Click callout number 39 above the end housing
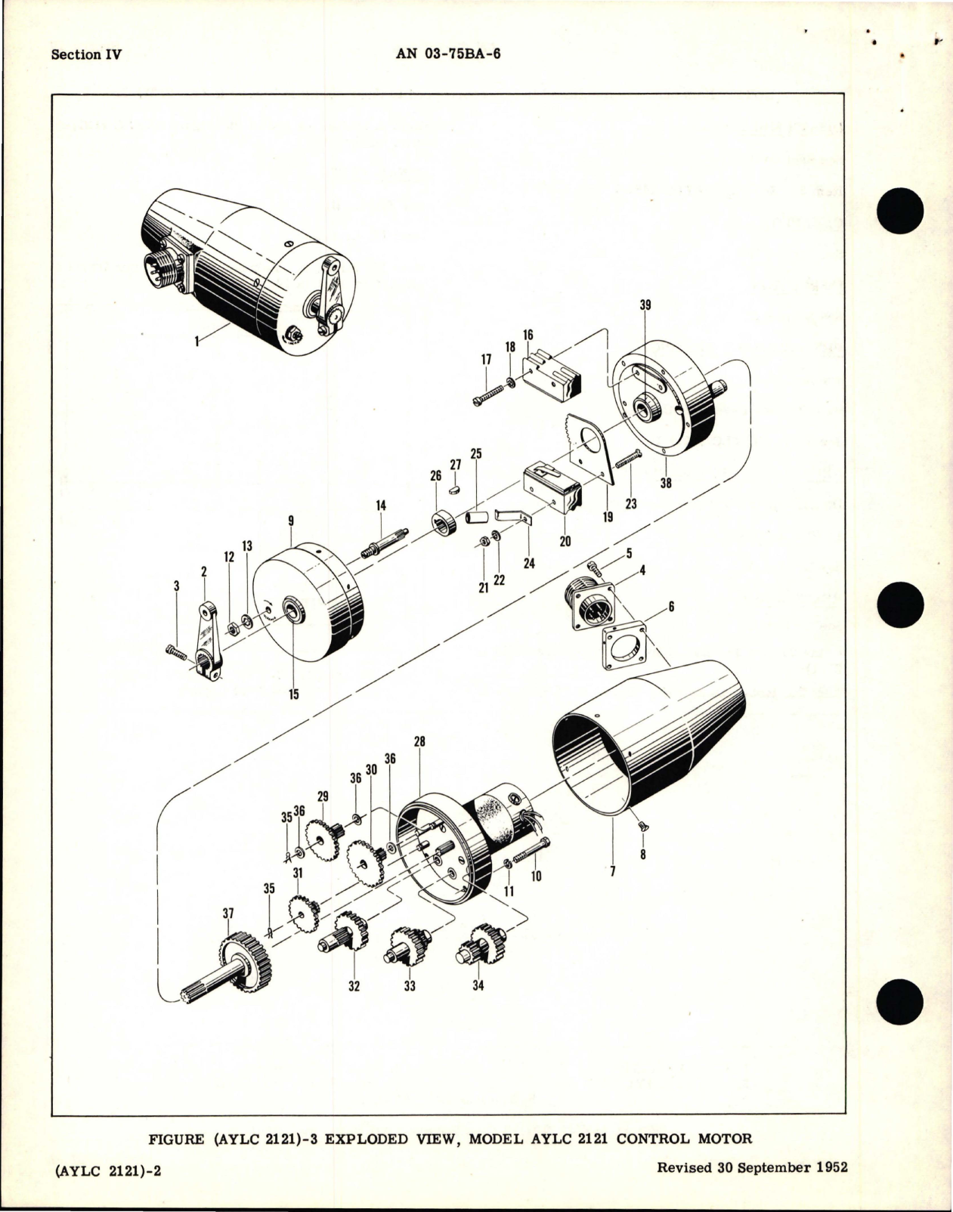645,305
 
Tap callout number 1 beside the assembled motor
196,342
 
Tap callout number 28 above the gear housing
419,743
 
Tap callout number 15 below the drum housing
292,694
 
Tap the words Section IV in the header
85,55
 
